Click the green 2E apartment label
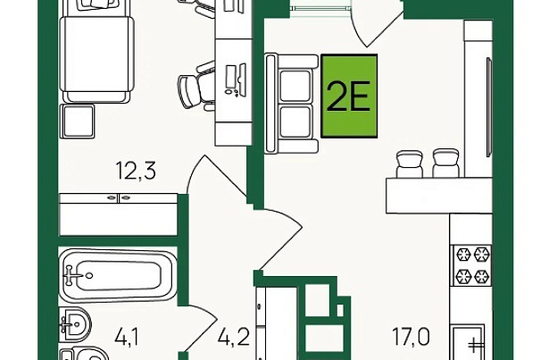coord(349,96)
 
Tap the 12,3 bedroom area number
coord(137,171)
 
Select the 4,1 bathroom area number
coord(128,337)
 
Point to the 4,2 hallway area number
coord(233,337)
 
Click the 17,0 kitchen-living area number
coord(411,337)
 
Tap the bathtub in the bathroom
coord(118,275)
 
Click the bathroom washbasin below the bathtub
coord(75,324)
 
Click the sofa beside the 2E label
coord(291,103)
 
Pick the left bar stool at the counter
coord(410,163)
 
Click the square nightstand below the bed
coord(77,121)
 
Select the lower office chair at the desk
coord(196,86)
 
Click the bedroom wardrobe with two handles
coord(119,214)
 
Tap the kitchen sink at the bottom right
coord(469,342)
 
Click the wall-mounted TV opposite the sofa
coord(489,107)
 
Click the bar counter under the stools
coord(439,195)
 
